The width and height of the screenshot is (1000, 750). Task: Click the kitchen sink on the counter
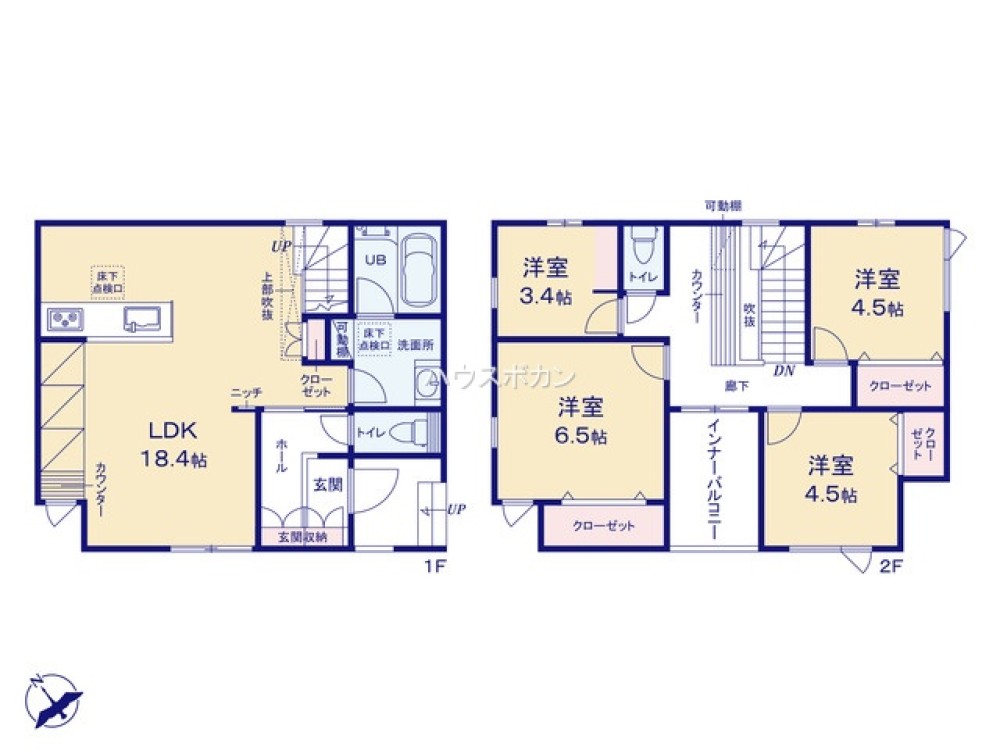141,320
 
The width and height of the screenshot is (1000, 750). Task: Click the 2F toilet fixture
644,246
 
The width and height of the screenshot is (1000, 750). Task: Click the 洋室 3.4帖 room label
546,281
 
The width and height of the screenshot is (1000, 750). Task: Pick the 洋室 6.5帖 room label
581,420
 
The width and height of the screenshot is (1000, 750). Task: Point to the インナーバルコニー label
714,480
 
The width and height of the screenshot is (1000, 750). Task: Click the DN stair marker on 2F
783,370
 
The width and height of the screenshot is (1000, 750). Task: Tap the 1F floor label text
433,566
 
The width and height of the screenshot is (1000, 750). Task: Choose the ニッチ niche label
246,392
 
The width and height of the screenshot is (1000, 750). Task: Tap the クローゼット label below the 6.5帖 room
603,526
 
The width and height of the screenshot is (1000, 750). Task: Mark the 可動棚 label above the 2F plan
721,206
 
